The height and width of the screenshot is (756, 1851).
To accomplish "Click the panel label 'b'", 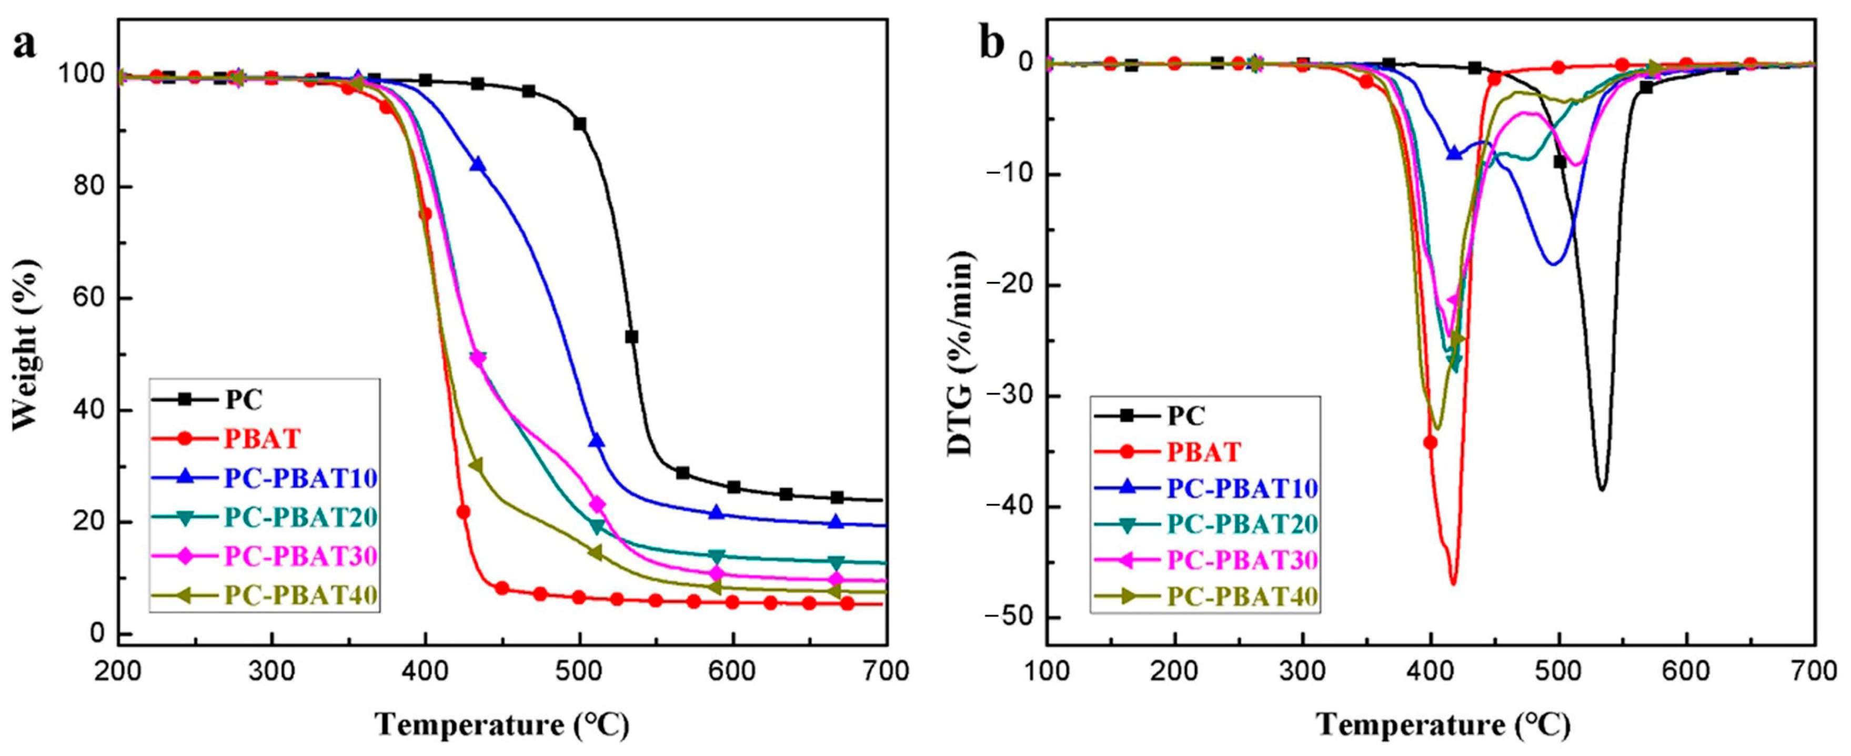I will click(993, 45).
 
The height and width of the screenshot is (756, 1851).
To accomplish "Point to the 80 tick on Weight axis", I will click(90, 187).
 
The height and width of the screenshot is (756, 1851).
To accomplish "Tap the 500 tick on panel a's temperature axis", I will click(579, 671).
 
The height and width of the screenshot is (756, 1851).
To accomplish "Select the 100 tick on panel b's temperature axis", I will click(1046, 671).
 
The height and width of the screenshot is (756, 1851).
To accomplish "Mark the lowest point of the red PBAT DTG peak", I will click(1453, 583).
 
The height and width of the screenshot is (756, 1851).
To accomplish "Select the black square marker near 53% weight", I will click(631, 336).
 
